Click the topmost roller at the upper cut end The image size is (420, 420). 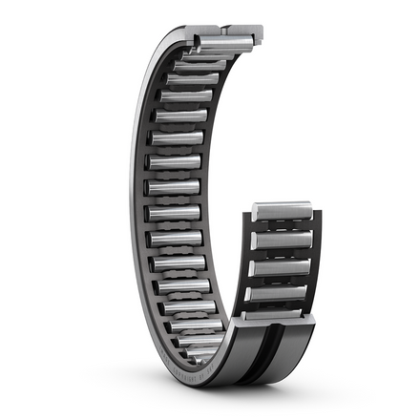[225, 41]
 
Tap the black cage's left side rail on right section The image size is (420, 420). [251, 258]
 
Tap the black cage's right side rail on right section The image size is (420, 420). [313, 258]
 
